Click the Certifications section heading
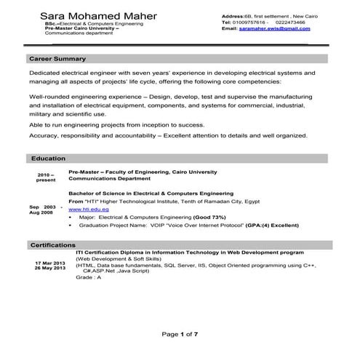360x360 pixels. (53, 244)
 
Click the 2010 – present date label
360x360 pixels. (46, 177)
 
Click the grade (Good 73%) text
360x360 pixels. (193, 217)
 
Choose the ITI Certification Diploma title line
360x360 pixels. (190, 252)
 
